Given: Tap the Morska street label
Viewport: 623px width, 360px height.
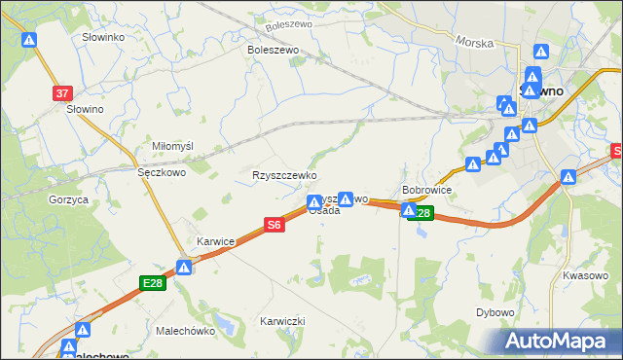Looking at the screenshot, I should [x=473, y=44].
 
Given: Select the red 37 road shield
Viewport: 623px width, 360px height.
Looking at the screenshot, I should [x=62, y=93].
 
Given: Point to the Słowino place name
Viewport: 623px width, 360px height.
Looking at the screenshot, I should [x=85, y=109].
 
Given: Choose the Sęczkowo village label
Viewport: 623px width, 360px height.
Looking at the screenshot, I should [x=162, y=171].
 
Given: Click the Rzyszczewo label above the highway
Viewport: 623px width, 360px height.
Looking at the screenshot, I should [x=285, y=175].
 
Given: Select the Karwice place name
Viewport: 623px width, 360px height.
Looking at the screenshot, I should [x=216, y=238].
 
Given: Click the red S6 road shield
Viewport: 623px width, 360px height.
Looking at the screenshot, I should [x=275, y=225].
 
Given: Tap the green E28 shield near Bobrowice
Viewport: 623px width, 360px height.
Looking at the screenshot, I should [x=421, y=213].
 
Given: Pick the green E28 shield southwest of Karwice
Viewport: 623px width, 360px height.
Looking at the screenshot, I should [x=153, y=283].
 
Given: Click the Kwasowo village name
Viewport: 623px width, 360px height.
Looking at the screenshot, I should [x=585, y=275].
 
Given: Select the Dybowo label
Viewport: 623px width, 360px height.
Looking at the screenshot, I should [x=495, y=312].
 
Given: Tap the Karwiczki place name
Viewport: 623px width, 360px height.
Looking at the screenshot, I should [x=282, y=321].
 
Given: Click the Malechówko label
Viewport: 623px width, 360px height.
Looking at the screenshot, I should [x=185, y=331].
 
